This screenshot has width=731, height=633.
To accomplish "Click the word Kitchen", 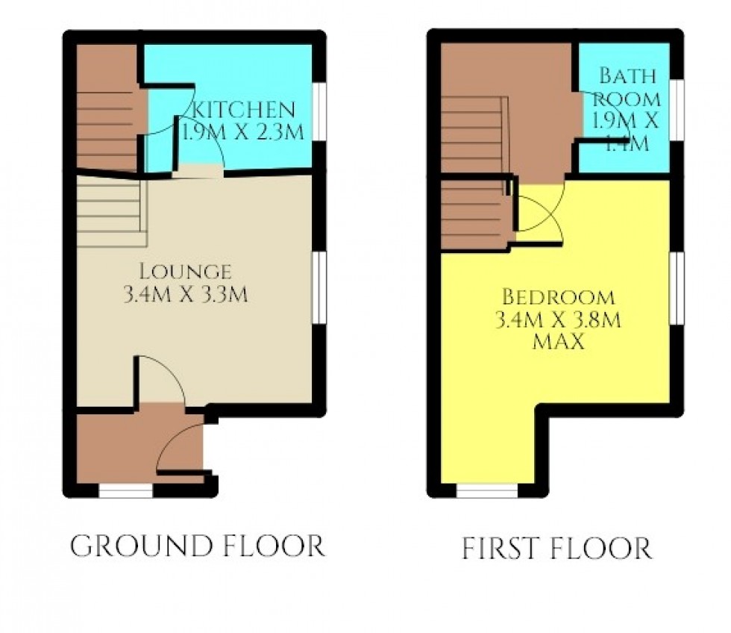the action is pyautogui.click(x=243, y=110).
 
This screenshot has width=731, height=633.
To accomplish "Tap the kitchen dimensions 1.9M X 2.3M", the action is pyautogui.click(x=243, y=131).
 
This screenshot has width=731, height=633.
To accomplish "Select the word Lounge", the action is pyautogui.click(x=186, y=272).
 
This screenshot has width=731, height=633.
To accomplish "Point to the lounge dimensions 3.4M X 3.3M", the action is pyautogui.click(x=186, y=294).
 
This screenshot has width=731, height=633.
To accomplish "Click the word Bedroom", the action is pyautogui.click(x=559, y=297).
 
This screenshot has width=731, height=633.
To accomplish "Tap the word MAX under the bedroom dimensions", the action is pyautogui.click(x=558, y=342).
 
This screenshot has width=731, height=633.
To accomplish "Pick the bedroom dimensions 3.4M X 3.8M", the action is pyautogui.click(x=558, y=320).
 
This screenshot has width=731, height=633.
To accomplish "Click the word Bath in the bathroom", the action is pyautogui.click(x=627, y=75).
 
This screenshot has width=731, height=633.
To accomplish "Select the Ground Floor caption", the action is pyautogui.click(x=197, y=546).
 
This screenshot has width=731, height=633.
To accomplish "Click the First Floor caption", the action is pyautogui.click(x=556, y=548).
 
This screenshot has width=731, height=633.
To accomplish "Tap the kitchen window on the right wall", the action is pyautogui.click(x=319, y=111).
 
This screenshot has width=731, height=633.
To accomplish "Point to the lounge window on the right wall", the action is pyautogui.click(x=319, y=287).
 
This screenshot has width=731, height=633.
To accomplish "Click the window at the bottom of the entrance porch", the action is pyautogui.click(x=126, y=490).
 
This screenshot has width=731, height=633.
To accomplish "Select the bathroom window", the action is pyautogui.click(x=677, y=110).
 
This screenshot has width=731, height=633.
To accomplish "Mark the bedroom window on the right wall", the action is pyautogui.click(x=677, y=288).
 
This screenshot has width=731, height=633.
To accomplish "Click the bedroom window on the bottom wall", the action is pyautogui.click(x=487, y=490).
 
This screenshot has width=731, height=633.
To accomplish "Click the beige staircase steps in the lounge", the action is pyautogui.click(x=112, y=212).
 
